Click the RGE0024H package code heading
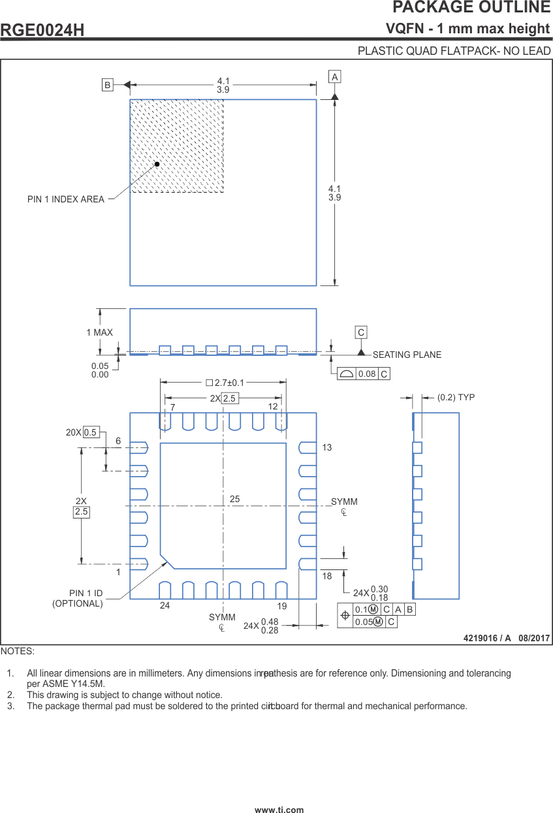[42, 30]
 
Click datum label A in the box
[335, 77]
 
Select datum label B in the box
[108, 84]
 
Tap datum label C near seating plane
[361, 332]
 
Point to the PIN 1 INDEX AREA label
[66, 199]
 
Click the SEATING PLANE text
[407, 355]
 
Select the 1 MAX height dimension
[99, 332]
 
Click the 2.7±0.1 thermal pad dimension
[225, 383]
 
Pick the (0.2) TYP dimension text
[456, 397]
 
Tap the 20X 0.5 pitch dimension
[82, 432]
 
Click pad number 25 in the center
[235, 499]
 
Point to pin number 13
[327, 447]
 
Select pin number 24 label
[165, 606]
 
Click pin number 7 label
[173, 407]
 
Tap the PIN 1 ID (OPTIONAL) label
[78, 598]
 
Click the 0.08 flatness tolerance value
[367, 374]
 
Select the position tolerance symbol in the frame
[345, 615]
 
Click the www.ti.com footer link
[279, 810]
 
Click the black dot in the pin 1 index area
[157, 165]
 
